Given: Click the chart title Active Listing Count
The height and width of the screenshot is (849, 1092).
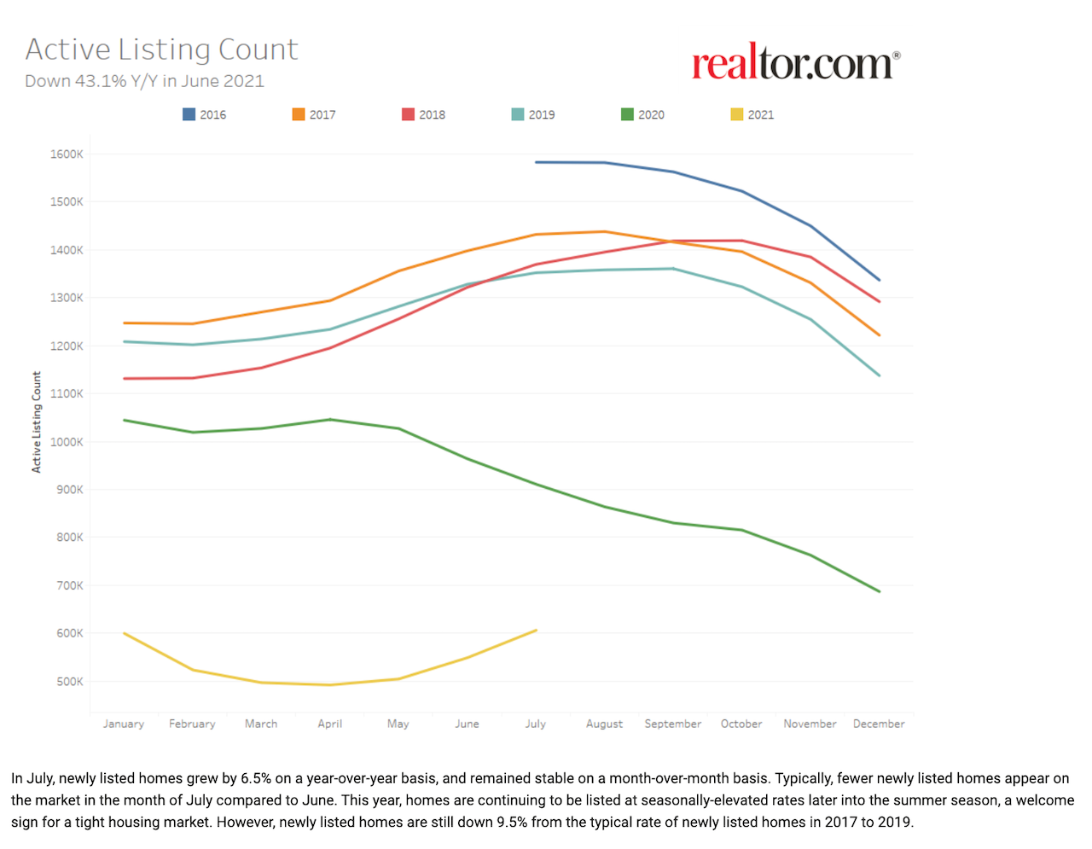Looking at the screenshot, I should tap(161, 49).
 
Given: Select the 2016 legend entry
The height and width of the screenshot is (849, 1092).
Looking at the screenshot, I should tap(205, 114).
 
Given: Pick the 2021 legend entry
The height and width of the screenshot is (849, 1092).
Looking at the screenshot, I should tap(752, 114).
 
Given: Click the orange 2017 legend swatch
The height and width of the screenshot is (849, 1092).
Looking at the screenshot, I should tap(299, 114).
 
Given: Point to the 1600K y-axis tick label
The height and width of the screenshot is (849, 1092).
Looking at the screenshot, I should tap(67, 154).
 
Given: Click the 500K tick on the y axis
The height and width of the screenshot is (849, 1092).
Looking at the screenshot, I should tap(70, 682).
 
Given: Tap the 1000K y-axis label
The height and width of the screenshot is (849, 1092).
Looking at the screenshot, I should tap(67, 442).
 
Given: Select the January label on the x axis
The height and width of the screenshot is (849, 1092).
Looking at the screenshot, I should tap(124, 724).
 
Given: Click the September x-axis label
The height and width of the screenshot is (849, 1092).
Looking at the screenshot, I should tap(673, 724).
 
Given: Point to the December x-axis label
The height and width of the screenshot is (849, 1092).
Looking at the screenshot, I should tap(879, 724).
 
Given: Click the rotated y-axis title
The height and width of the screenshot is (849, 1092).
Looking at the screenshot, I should tap(37, 422).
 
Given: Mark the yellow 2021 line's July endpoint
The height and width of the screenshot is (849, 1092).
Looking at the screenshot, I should tap(536, 631).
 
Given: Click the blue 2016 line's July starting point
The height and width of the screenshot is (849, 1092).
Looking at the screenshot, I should tap(536, 162).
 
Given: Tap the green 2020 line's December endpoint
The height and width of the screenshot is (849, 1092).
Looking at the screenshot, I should tap(879, 591).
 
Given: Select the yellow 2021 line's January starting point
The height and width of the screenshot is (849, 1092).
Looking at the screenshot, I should tap(125, 633).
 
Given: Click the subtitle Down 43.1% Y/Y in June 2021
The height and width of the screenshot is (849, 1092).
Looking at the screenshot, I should tap(144, 81).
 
